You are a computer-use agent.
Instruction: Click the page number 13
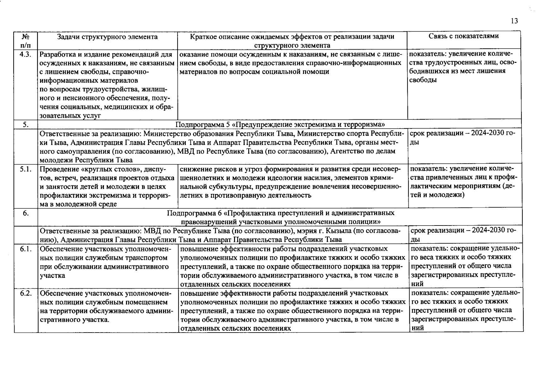tap(514, 21)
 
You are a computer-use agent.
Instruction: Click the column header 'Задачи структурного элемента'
tap(107, 37)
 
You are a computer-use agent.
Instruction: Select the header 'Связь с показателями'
tap(464, 36)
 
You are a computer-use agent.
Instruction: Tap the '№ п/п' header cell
tap(26, 41)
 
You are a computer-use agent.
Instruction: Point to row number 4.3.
tap(25, 54)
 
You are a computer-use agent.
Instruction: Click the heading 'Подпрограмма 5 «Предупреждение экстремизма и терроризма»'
tap(280, 124)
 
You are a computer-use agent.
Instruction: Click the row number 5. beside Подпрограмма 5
tap(26, 124)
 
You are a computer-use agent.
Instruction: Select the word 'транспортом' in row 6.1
tap(149, 258)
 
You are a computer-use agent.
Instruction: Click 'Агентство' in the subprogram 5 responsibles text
tap(345, 151)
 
